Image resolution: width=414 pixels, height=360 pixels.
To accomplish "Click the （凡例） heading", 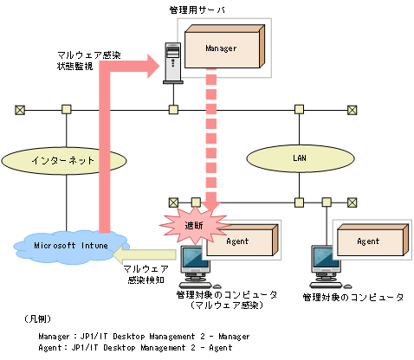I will click(x=38, y=319).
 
